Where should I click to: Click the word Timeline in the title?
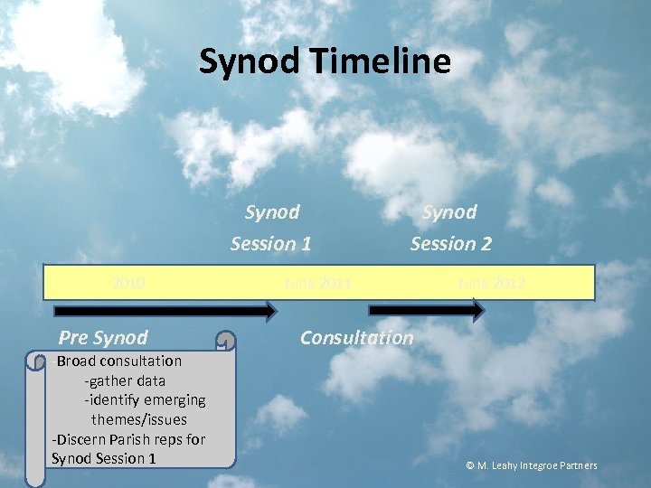(380, 61)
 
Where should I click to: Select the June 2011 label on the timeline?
(317, 283)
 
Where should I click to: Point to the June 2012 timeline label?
(490, 283)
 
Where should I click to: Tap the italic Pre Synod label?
(102, 338)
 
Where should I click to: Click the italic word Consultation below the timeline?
(356, 338)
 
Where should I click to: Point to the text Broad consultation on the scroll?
(119, 361)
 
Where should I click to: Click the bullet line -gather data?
(125, 380)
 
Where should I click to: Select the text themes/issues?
(138, 419)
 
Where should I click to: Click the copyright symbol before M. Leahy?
(470, 466)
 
